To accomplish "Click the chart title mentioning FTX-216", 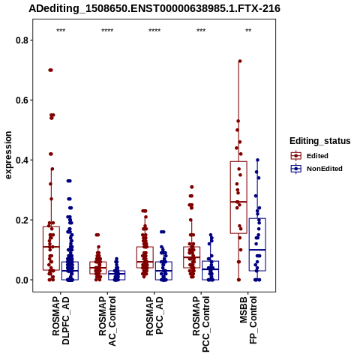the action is click(x=154, y=9).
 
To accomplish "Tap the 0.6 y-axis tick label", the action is click(x=22, y=100).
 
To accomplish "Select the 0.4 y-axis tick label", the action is click(x=22, y=160).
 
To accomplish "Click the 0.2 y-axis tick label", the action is click(x=22, y=220).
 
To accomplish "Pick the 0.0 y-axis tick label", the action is click(x=22, y=280).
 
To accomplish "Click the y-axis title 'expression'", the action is click(x=8, y=155).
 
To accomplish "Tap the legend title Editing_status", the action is click(x=320, y=141).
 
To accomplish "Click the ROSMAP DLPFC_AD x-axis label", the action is click(x=61, y=320).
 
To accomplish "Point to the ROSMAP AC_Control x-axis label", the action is click(x=107, y=321).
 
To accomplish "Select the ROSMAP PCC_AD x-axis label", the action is click(x=154, y=316).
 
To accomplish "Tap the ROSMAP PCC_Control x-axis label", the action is click(x=201, y=324).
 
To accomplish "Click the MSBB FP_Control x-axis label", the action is click(x=248, y=320).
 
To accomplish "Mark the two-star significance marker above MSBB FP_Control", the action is click(x=248, y=31).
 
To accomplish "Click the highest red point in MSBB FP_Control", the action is click(x=240, y=61).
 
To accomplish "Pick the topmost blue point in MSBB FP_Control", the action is click(x=257, y=160).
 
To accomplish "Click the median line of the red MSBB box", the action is click(x=238, y=202).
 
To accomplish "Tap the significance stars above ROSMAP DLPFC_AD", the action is click(x=61, y=31).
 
